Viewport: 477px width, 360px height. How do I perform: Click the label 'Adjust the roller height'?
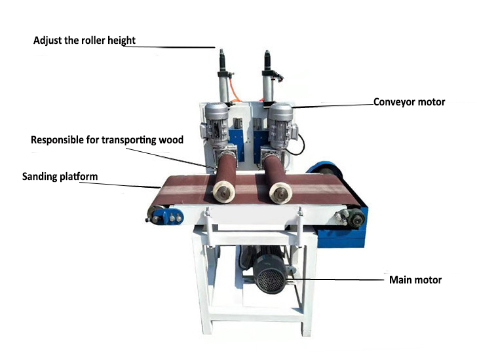85,41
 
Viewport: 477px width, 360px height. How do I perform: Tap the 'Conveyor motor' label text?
409,102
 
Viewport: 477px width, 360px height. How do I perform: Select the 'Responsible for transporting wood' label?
107,139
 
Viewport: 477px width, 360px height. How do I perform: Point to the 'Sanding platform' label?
60,176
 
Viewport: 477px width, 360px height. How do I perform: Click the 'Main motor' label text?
415,280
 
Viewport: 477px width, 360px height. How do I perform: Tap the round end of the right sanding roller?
280,193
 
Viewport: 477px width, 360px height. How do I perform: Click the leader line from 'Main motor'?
340,280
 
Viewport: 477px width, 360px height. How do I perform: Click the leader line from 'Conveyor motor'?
332,105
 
